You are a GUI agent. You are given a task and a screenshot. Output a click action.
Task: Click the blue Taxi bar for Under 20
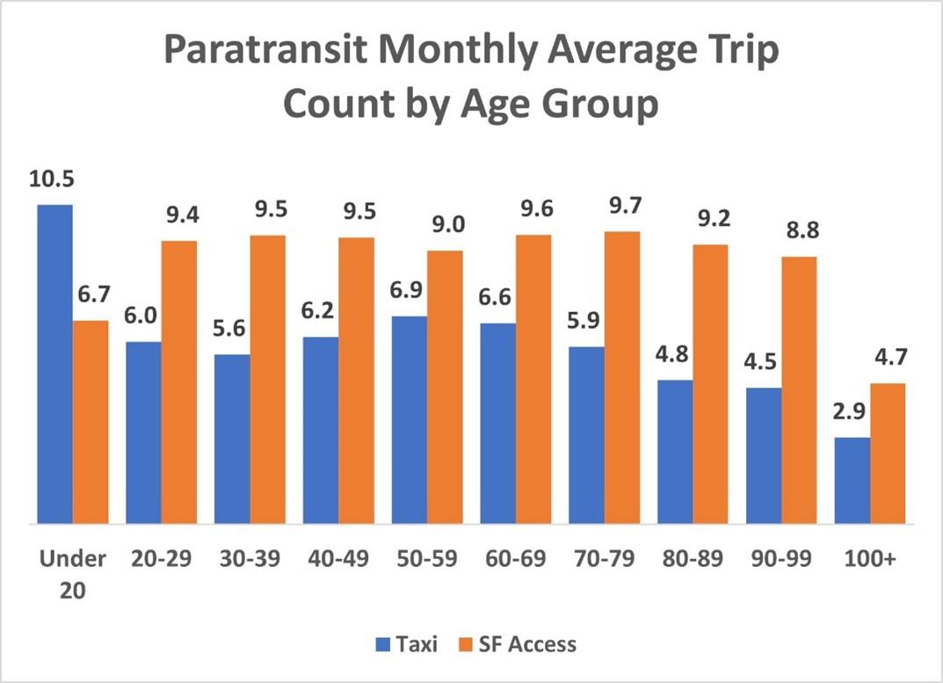[54, 364]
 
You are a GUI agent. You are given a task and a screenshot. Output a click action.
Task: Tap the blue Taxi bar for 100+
[852, 481]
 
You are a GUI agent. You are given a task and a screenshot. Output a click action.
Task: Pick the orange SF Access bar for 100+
[888, 454]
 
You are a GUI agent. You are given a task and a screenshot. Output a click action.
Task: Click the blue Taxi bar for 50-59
[410, 420]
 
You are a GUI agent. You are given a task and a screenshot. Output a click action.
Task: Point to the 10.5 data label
[51, 180]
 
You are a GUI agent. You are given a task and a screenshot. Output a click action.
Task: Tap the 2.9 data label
[852, 413]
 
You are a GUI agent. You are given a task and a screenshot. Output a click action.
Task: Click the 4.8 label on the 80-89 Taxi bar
[674, 356]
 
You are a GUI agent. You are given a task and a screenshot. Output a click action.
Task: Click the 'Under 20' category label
[72, 574]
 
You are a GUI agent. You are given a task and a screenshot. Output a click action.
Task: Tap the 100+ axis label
[870, 559]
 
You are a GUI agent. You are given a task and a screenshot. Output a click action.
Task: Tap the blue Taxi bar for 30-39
[232, 439]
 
